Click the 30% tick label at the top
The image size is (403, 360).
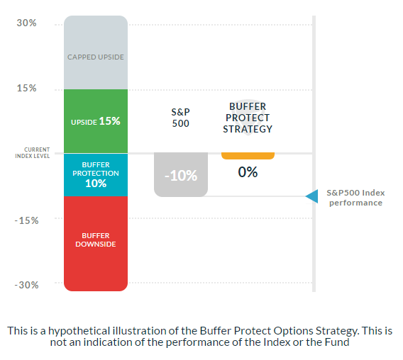coord(27,23)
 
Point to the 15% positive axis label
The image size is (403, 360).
coord(27,89)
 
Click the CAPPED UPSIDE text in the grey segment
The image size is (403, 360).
coord(96,57)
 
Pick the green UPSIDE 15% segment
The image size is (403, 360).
coord(96,121)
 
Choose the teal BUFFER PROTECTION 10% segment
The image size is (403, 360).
coord(96,174)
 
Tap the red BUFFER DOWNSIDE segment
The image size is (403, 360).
coord(96,241)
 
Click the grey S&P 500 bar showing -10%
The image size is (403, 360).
coord(181,174)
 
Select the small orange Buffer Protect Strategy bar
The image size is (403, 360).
coord(248,156)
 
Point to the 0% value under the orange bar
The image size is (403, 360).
coord(248,171)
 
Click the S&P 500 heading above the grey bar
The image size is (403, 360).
coord(181,118)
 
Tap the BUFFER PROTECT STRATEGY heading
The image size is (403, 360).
coord(248,117)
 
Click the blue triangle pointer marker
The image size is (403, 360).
coord(311,196)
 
